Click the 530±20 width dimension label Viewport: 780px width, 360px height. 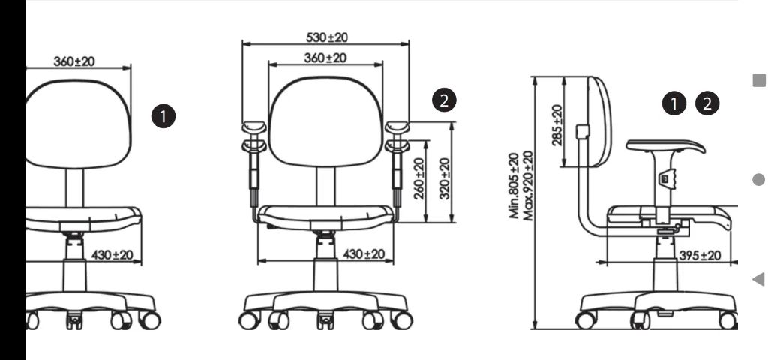point(327,37)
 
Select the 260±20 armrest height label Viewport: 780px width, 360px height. point(419,178)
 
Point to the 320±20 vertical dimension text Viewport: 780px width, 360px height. point(445,178)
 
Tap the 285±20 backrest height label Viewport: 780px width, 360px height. point(558,125)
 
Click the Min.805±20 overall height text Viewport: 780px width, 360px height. point(514,185)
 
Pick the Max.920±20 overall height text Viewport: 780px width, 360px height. point(528,185)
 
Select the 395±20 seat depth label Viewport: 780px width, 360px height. point(700,256)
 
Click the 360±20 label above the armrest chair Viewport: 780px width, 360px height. point(325,58)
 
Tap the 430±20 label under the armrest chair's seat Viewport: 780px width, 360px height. point(364,254)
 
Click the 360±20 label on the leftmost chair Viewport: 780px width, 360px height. point(74,61)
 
